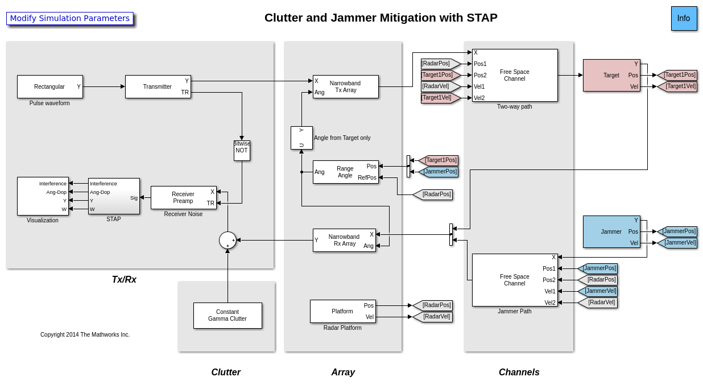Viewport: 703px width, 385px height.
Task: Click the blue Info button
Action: click(684, 18)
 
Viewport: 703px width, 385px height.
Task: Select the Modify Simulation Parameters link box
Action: click(70, 18)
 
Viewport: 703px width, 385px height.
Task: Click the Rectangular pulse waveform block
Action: click(49, 86)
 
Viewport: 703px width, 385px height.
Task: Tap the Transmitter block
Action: click(158, 86)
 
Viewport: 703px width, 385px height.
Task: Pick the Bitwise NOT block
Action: click(242, 151)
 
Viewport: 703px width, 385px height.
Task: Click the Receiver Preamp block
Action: click(183, 197)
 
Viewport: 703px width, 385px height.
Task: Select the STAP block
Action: click(114, 196)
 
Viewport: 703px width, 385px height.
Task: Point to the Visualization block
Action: click(43, 196)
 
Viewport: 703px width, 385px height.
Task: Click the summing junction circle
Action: click(228, 240)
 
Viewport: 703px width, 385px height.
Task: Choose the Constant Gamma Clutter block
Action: click(228, 316)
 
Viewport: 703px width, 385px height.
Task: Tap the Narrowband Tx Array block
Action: click(345, 86)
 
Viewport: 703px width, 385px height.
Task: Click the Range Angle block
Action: click(345, 172)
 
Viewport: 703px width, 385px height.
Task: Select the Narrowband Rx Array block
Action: click(344, 240)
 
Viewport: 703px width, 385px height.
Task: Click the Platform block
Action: click(342, 311)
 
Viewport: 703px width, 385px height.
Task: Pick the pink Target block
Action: click(611, 75)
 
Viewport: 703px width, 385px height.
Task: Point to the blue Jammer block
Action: click(611, 231)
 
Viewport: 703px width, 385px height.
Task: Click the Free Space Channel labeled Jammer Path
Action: click(515, 280)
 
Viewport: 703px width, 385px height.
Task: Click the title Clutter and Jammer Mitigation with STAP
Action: click(381, 18)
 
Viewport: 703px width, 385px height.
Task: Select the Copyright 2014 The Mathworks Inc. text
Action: click(85, 334)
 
